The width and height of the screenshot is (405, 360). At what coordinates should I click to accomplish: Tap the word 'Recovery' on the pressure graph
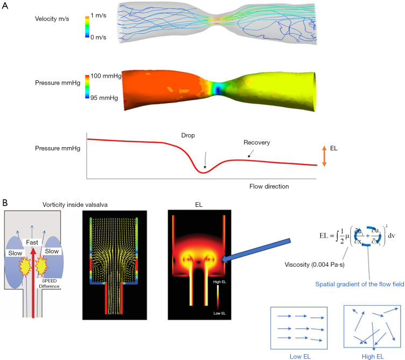(x=255, y=142)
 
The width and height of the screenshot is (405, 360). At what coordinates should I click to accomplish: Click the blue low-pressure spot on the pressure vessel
(x=217, y=89)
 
